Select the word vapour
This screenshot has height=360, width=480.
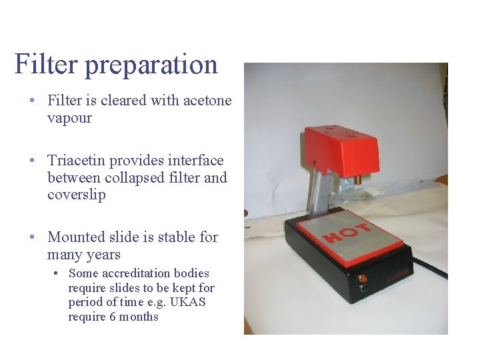(x=69, y=118)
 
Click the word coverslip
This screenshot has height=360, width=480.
(x=76, y=195)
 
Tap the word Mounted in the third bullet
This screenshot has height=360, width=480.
(x=77, y=237)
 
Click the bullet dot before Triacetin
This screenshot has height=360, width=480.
(x=32, y=161)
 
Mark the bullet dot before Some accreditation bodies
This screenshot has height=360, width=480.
(x=58, y=273)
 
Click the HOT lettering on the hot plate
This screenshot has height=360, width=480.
(x=347, y=233)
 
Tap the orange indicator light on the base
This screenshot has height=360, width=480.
(x=363, y=277)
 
